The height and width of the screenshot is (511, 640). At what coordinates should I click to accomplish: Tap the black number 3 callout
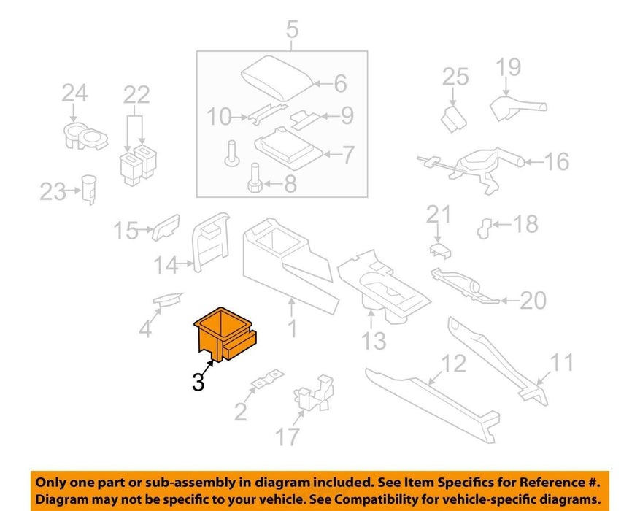click(x=198, y=383)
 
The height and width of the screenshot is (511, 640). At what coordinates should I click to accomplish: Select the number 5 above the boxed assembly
click(x=292, y=30)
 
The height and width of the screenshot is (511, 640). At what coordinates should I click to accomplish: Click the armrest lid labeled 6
click(x=277, y=77)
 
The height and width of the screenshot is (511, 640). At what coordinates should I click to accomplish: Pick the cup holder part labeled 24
click(x=85, y=136)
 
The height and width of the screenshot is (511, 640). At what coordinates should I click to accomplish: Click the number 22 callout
click(x=136, y=96)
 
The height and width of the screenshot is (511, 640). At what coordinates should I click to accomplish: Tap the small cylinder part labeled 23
click(x=89, y=189)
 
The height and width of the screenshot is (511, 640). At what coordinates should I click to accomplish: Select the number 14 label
click(x=166, y=265)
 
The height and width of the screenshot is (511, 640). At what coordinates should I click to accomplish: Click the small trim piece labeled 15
click(x=166, y=227)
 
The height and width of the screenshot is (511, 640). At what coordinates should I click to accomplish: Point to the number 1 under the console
click(x=292, y=328)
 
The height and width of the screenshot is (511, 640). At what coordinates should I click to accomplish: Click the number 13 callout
click(x=374, y=341)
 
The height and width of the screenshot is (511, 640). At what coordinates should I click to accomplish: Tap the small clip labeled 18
click(x=485, y=228)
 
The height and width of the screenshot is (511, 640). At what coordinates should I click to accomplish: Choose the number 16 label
click(x=557, y=161)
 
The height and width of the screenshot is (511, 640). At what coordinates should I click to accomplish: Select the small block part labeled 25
click(x=453, y=119)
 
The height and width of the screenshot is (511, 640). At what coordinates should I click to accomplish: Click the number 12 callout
click(x=453, y=364)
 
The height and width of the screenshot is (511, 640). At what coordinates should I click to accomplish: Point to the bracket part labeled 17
click(x=314, y=393)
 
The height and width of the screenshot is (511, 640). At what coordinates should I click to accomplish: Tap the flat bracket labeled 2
click(x=268, y=379)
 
